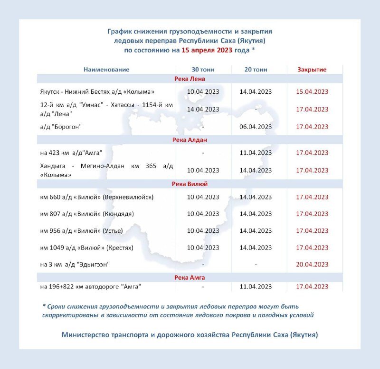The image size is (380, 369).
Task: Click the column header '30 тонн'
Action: coord(203,70)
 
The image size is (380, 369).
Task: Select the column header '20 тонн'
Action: coord(256,70)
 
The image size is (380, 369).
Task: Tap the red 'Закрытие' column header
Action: coord(312,70)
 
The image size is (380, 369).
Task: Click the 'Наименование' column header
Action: coord(106,70)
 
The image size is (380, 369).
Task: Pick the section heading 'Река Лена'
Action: coord(190,79)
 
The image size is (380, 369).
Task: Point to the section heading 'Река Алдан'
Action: coord(190,140)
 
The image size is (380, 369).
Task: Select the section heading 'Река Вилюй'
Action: coord(190,184)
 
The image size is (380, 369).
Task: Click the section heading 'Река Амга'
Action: coord(190,277)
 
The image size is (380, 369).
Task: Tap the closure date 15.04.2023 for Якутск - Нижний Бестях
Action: coord(312,91)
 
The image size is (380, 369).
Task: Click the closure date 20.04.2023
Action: coord(312,264)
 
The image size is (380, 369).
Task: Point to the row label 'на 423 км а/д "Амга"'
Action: coord(72,153)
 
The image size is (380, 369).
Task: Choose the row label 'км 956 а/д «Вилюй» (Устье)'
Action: coord(82,231)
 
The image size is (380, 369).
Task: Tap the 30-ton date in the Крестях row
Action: coord(203,248)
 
